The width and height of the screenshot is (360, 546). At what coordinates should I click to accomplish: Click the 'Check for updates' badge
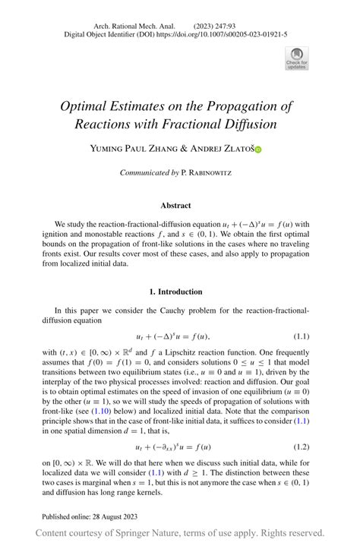[x=296, y=58]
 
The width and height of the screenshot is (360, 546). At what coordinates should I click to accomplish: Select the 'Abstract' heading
[x=175, y=205]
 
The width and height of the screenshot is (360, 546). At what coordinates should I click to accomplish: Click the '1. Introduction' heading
[x=175, y=292]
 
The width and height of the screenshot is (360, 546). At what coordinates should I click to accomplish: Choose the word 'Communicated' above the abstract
[x=145, y=173]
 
